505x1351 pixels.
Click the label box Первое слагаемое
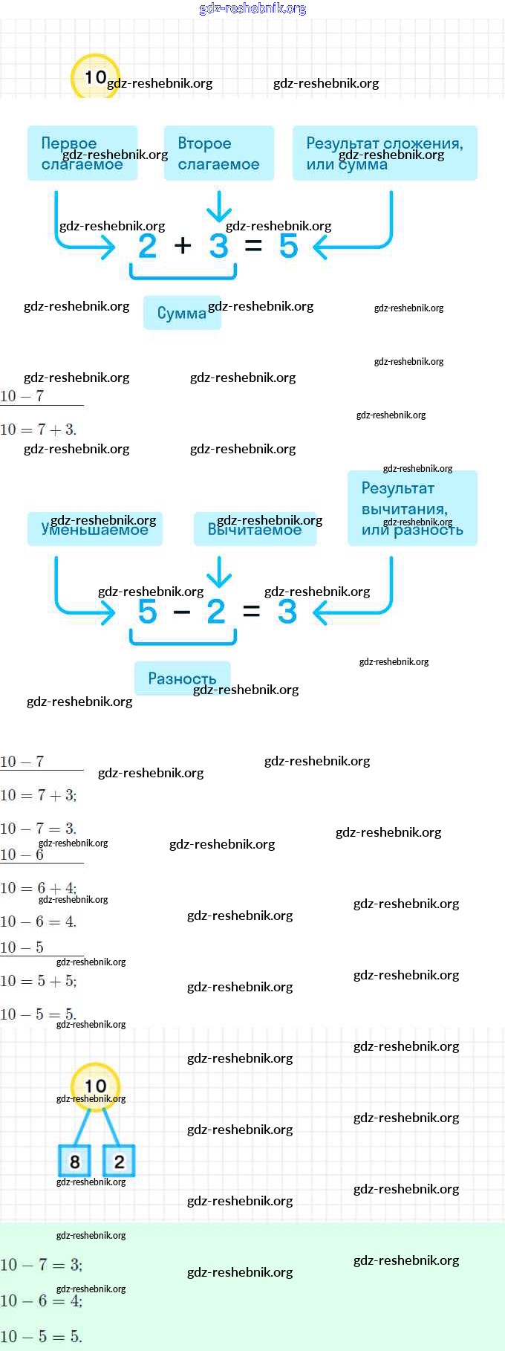tap(82, 153)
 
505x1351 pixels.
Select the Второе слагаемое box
tap(219, 153)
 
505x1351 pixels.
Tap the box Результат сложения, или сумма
tap(385, 153)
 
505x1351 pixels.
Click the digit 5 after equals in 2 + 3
tap(288, 246)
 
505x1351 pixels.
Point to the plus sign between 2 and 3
tap(183, 245)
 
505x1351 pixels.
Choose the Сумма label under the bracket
tap(182, 313)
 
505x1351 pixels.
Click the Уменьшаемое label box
tap(95, 529)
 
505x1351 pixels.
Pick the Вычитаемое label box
tap(255, 529)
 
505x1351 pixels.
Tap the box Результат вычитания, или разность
tap(412, 508)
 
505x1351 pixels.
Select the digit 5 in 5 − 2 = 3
tap(148, 612)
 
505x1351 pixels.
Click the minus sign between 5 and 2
tap(182, 612)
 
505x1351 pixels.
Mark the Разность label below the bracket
tap(182, 678)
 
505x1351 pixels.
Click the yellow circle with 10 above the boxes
tap(95, 1086)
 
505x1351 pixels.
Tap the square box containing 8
tap(74, 1162)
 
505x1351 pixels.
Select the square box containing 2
tap(119, 1162)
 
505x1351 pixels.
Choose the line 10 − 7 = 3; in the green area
tap(42, 1265)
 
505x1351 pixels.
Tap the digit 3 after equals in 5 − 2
tap(287, 612)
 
